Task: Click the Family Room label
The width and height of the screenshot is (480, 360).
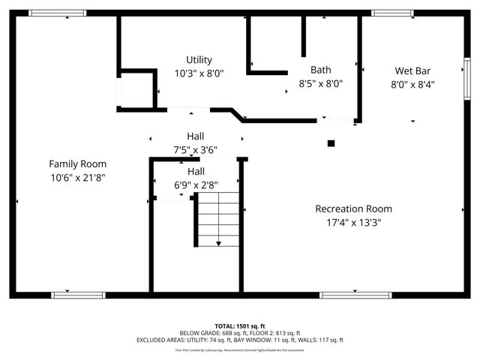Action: click(77, 163)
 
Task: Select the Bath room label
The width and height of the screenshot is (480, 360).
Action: click(320, 70)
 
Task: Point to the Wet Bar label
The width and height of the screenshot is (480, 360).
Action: click(413, 70)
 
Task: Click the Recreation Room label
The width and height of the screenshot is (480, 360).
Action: click(353, 208)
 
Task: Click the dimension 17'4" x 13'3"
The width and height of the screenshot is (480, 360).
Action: click(353, 222)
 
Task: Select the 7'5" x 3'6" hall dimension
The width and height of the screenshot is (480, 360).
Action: click(195, 149)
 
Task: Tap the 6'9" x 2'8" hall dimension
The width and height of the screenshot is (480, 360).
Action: click(195, 184)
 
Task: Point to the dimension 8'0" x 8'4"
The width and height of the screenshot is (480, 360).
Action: click(413, 84)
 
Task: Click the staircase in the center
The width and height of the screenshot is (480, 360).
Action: click(218, 219)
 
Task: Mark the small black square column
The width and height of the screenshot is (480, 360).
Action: click(331, 142)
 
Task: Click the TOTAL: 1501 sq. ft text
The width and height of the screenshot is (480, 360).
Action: click(239, 325)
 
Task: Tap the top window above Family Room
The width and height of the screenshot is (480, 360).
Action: click(57, 13)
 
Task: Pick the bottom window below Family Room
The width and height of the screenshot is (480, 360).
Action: click(78, 295)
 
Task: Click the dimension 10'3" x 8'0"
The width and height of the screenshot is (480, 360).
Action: click(199, 73)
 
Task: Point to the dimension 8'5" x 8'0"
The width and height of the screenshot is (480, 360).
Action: click(320, 83)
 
